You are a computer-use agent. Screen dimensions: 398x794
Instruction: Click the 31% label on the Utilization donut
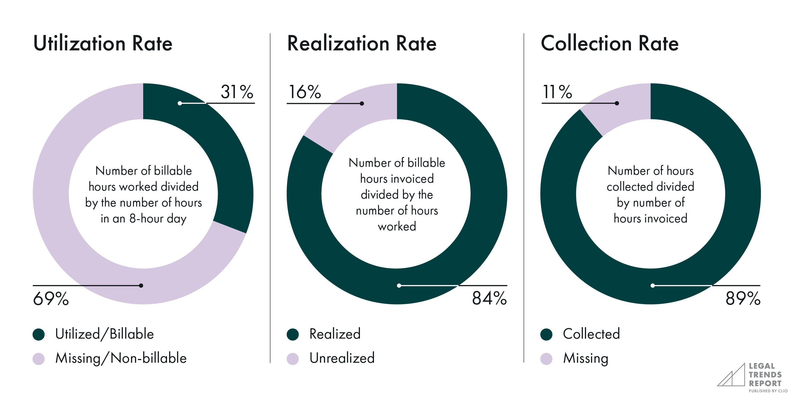click(237, 92)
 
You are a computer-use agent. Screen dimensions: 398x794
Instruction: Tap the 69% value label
click(51, 299)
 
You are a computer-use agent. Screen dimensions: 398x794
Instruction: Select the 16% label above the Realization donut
click(305, 92)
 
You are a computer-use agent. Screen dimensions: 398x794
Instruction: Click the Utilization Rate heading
click(103, 43)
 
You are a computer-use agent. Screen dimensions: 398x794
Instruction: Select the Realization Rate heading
click(362, 43)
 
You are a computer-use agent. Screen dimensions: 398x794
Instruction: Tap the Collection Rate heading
click(610, 43)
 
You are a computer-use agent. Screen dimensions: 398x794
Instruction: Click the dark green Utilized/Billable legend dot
click(39, 334)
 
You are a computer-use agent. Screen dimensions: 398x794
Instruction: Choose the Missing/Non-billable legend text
click(121, 358)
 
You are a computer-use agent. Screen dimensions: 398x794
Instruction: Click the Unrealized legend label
click(342, 358)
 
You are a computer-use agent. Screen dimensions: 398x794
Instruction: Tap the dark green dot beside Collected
click(546, 334)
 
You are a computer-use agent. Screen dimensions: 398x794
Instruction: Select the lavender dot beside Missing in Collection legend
click(546, 359)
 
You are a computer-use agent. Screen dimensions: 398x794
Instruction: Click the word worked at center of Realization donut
click(397, 227)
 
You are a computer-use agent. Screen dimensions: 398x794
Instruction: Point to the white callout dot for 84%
click(399, 286)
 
